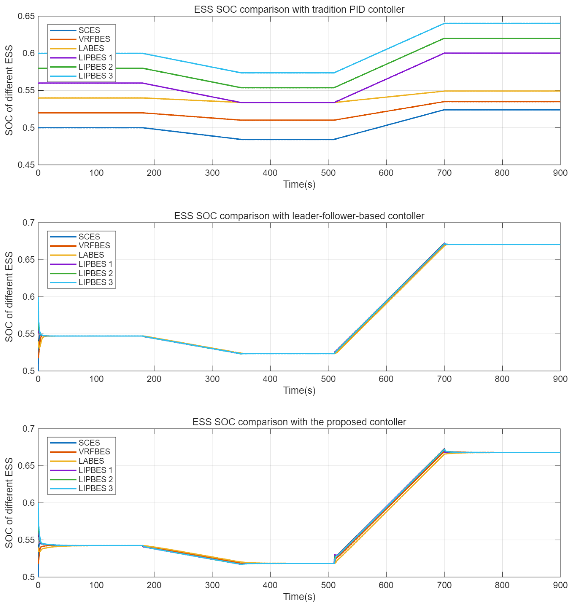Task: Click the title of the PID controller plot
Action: (x=299, y=10)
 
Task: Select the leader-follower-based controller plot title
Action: (x=299, y=216)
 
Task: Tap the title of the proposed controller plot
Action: (x=299, y=422)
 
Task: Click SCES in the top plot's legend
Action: (x=89, y=30)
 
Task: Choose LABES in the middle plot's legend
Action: (x=91, y=255)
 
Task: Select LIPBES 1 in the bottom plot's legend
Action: (x=95, y=470)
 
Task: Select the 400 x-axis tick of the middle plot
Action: (x=270, y=379)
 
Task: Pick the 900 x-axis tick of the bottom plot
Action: (x=560, y=585)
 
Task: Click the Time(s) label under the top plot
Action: (x=299, y=184)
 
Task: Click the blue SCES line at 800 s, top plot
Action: (x=502, y=110)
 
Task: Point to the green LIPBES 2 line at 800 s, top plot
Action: (x=502, y=38)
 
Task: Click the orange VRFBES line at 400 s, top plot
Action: (x=270, y=120)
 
